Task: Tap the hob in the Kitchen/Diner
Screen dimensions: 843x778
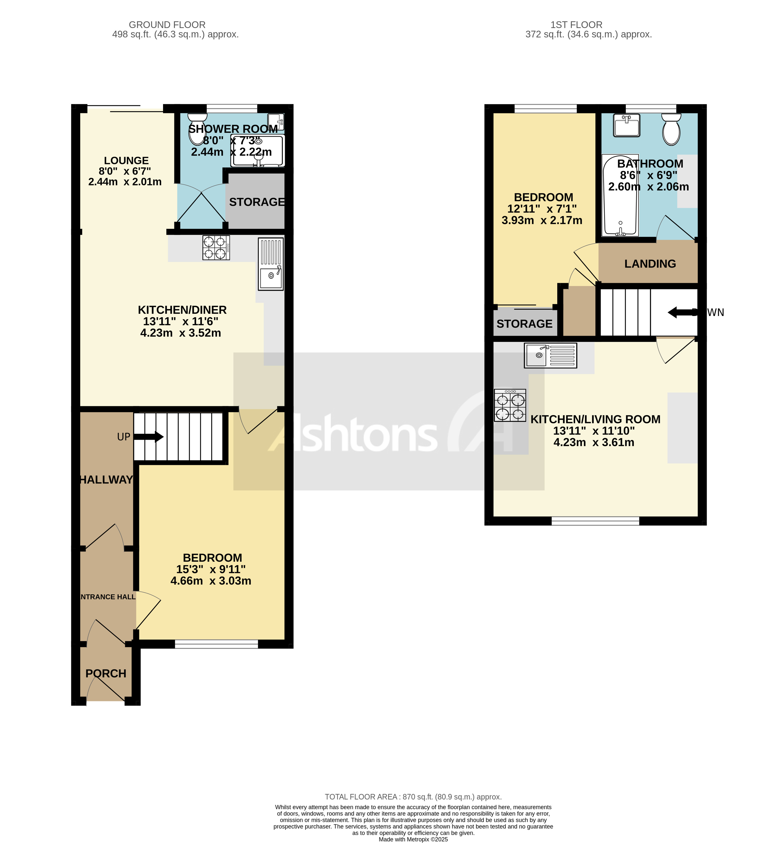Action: point(216,247)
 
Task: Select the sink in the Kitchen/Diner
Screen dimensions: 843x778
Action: point(271,264)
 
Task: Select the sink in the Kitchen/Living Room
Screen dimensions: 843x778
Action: point(550,355)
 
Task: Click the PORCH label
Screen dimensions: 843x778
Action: point(106,673)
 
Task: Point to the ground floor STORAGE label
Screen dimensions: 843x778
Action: point(256,202)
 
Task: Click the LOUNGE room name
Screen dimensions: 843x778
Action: point(126,160)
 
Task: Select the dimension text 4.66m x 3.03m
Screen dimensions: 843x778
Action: point(211,580)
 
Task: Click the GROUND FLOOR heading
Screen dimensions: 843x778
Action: point(167,25)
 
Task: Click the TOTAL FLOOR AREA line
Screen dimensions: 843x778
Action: point(413,797)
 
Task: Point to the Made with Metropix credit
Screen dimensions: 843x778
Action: point(413,839)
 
